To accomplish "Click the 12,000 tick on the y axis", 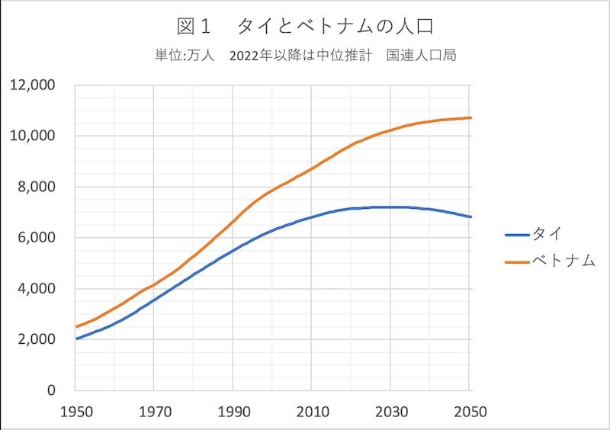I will point(34,85).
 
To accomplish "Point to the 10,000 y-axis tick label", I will point(34,136).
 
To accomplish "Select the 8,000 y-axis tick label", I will point(37,187).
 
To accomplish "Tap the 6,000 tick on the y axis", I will point(37,237).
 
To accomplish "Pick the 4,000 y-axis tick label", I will point(37,288).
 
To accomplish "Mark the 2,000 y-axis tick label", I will point(37,339).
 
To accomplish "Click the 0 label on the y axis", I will point(50,390).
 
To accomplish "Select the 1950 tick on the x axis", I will point(75,412).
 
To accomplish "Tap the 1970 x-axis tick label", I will point(154,412).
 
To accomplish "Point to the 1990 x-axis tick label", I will point(233,412).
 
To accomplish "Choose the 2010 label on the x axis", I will point(312,412).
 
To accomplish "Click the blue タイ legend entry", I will point(537,234).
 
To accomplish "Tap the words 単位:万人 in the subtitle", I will point(185,56).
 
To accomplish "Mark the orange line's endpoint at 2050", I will point(470,117).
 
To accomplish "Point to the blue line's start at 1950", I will point(76,339).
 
